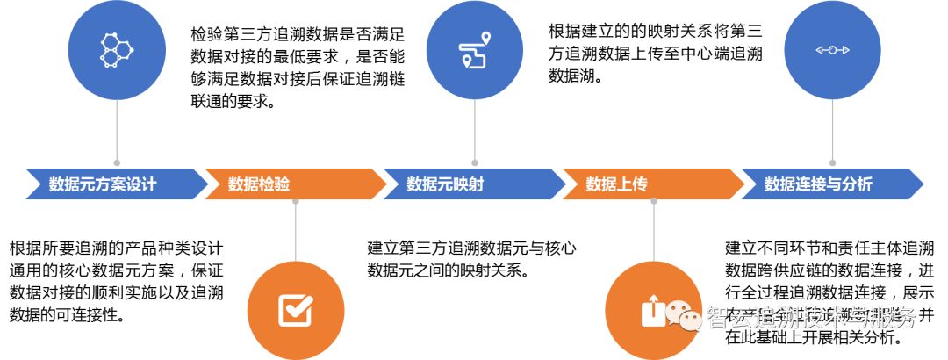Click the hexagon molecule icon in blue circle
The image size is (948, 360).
pos(118,50)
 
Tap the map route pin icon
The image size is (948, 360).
pos(474,49)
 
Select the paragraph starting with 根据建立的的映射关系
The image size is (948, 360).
pos(655,54)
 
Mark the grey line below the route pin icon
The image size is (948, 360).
pos(475,132)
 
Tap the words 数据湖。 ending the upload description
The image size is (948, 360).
pos(574,76)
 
